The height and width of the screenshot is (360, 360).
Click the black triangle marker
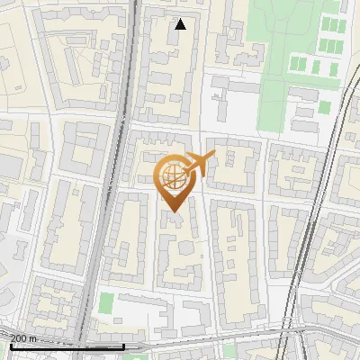(180, 24)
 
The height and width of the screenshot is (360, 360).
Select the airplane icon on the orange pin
(196, 166)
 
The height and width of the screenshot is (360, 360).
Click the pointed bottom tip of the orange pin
(173, 211)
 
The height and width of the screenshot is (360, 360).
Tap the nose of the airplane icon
(214, 156)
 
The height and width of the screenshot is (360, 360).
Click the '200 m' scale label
(24, 338)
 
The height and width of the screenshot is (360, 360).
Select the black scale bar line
(67, 346)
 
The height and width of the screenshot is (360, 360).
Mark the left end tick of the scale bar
(11, 345)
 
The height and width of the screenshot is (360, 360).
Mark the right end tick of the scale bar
(123, 345)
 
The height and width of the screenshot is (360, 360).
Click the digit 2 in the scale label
(14, 338)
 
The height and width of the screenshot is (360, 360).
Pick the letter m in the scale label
(33, 338)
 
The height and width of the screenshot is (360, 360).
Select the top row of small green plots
(332, 23)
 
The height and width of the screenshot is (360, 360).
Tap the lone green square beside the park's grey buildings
(324, 107)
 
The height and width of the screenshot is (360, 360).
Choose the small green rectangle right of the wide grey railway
(107, 304)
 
